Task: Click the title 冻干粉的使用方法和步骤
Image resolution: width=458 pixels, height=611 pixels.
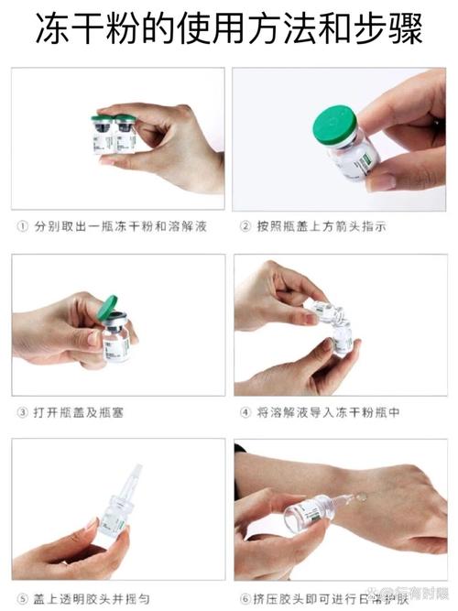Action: pyautogui.click(x=229, y=29)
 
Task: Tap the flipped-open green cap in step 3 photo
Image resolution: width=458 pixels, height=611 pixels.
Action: pyautogui.click(x=108, y=307)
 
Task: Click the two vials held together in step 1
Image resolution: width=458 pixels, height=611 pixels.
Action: pyautogui.click(x=114, y=134)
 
